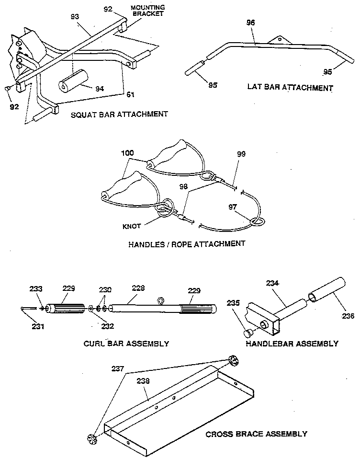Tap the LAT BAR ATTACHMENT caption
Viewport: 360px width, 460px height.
[290, 88]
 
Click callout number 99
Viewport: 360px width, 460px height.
[241, 154]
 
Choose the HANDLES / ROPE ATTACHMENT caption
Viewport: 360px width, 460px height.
[187, 243]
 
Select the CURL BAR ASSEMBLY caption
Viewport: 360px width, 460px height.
[126, 343]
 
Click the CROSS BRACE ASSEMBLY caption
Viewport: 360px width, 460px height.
[256, 434]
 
